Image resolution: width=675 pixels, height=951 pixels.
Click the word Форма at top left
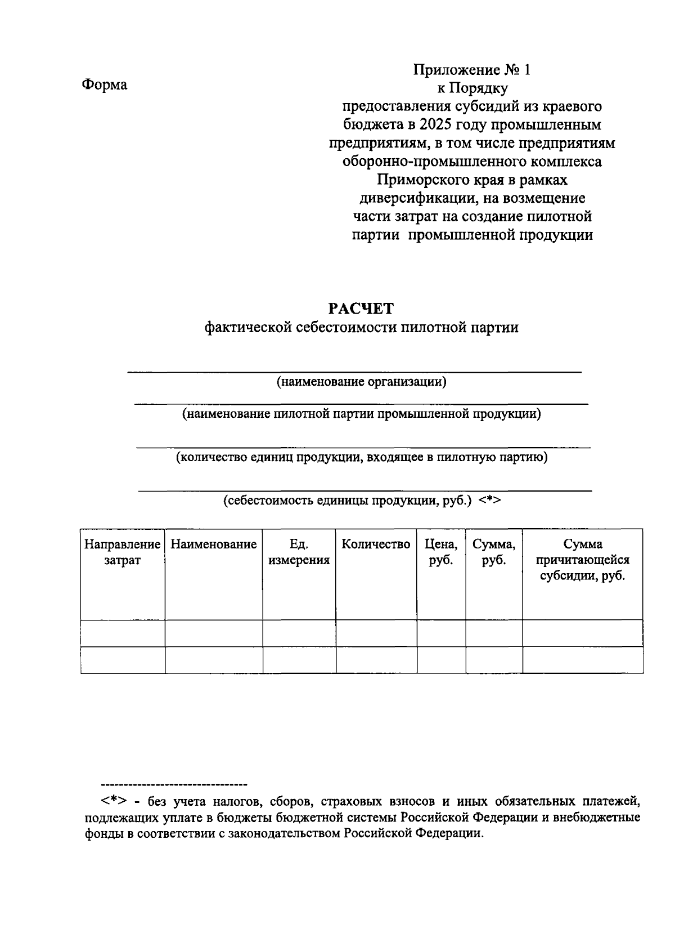coord(105,84)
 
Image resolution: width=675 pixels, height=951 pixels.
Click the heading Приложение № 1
coord(472,70)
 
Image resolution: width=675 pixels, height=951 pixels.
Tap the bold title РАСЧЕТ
coord(361,309)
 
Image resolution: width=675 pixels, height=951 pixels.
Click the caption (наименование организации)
coord(361,382)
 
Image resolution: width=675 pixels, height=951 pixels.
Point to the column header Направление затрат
coord(122,552)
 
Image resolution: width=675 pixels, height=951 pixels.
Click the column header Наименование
coord(213,544)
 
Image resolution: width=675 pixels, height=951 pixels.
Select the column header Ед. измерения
coord(299,552)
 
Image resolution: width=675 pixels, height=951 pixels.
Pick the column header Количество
coord(376,544)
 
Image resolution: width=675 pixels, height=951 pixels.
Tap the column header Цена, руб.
coord(440,552)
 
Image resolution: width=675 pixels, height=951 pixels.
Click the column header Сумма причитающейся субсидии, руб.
coord(582,560)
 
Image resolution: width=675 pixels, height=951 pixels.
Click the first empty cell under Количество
coord(376,633)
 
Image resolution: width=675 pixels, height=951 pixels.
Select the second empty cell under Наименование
coord(213,660)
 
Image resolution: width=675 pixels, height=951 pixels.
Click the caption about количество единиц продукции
coord(361,457)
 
